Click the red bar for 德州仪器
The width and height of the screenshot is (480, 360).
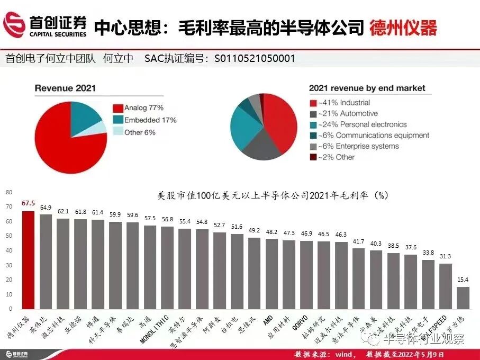point(29,259)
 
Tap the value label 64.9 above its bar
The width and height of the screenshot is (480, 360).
point(46,208)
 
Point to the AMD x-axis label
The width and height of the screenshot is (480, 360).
point(268,319)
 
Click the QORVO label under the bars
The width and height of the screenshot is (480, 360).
point(305,322)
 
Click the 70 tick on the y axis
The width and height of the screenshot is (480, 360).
point(9,207)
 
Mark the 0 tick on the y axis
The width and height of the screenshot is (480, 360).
point(9,309)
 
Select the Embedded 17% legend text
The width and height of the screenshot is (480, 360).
point(150,120)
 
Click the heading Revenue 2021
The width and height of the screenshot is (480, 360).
point(65,88)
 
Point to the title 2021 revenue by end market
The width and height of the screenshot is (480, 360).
point(367,88)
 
